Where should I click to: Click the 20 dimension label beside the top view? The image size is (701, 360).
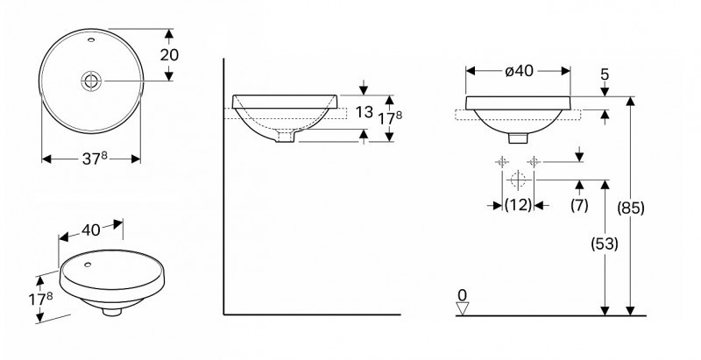[170, 54]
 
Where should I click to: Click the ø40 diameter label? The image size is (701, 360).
[518, 71]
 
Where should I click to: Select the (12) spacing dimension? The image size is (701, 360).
[518, 205]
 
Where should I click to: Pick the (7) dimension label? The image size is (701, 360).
[578, 205]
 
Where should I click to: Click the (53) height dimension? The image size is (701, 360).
[604, 245]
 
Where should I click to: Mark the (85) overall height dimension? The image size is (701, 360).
[630, 208]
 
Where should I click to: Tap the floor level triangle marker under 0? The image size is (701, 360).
[464, 307]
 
